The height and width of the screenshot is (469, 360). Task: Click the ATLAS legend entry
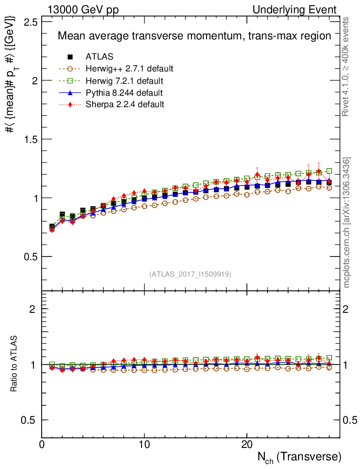[x=99, y=57]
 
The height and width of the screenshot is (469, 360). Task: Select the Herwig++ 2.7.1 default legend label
[x=129, y=69]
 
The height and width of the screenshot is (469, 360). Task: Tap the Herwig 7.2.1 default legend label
[x=125, y=81]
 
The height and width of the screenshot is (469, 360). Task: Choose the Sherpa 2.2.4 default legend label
[x=125, y=104]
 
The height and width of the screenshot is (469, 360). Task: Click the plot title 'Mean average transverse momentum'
[x=194, y=36]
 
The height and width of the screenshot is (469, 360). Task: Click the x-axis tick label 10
[x=144, y=445]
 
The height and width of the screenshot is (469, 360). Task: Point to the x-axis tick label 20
[x=247, y=445]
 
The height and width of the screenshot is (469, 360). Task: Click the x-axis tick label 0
[x=42, y=445]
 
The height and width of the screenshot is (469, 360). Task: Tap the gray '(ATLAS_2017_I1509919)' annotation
[x=190, y=274]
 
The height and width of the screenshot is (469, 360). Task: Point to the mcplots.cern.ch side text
[x=347, y=223]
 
